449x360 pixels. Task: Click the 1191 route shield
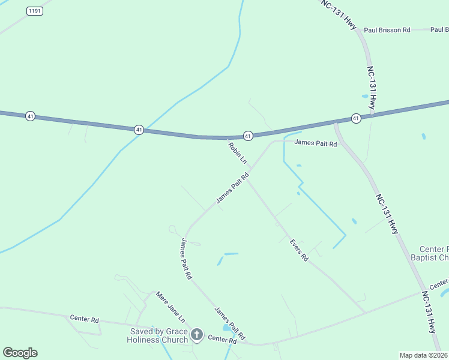point(35,11)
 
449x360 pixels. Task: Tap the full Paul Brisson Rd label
point(387,29)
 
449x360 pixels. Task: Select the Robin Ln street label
point(237,152)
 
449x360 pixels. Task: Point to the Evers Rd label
point(298,250)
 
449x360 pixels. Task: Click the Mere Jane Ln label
point(170,307)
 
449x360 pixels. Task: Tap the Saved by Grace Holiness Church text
point(158,335)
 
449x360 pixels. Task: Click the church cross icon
point(196,334)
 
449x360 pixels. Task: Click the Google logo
point(20,353)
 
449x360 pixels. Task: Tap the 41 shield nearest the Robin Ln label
point(248,136)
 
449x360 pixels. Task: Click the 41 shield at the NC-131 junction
point(356,118)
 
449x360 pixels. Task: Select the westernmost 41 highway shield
point(29,116)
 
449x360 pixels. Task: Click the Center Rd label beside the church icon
point(222,340)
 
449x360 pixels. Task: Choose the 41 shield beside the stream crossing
point(139,130)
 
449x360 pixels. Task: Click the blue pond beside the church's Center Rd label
point(228,328)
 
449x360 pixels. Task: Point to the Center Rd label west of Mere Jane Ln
point(84,319)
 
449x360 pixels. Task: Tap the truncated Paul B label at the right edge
point(439,29)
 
